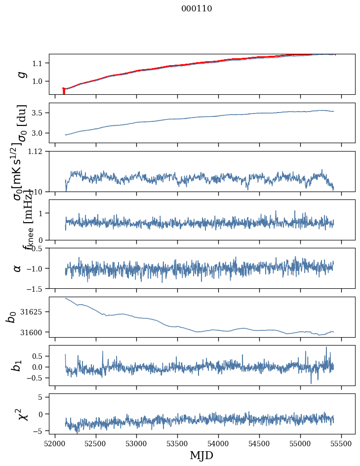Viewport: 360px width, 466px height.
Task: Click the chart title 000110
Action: [197, 8]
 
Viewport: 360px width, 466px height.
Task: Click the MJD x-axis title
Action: [201, 455]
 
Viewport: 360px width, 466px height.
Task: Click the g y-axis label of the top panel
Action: [21, 74]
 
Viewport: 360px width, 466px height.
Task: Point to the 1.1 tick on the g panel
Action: [40, 63]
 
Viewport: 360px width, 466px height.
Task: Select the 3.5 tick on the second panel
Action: [40, 113]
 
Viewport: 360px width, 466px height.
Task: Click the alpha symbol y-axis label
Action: [18, 268]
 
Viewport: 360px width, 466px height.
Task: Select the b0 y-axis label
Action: [11, 317]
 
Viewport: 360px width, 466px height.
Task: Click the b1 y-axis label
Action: [17, 365]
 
